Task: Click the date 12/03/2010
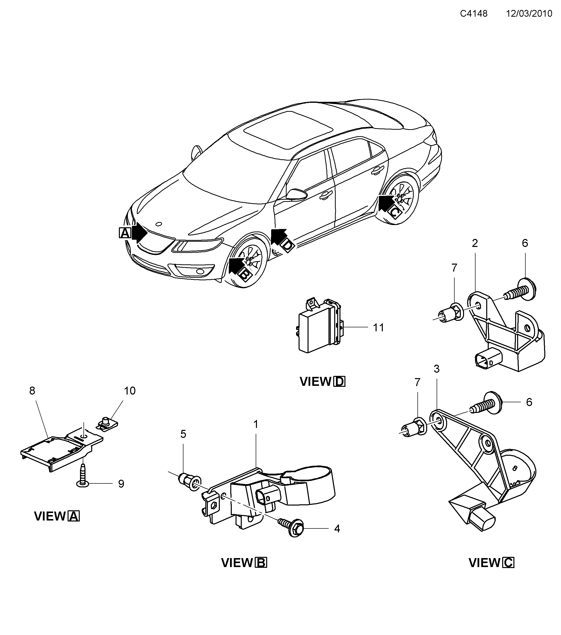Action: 529,14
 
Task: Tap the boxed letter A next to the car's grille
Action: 125,233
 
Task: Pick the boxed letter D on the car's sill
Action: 288,245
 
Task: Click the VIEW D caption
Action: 322,382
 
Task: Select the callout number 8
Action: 32,391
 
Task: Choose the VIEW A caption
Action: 57,516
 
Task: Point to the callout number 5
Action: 183,434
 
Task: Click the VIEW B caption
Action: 244,563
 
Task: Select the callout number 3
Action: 437,369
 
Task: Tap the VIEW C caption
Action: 491,563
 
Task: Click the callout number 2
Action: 475,243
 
